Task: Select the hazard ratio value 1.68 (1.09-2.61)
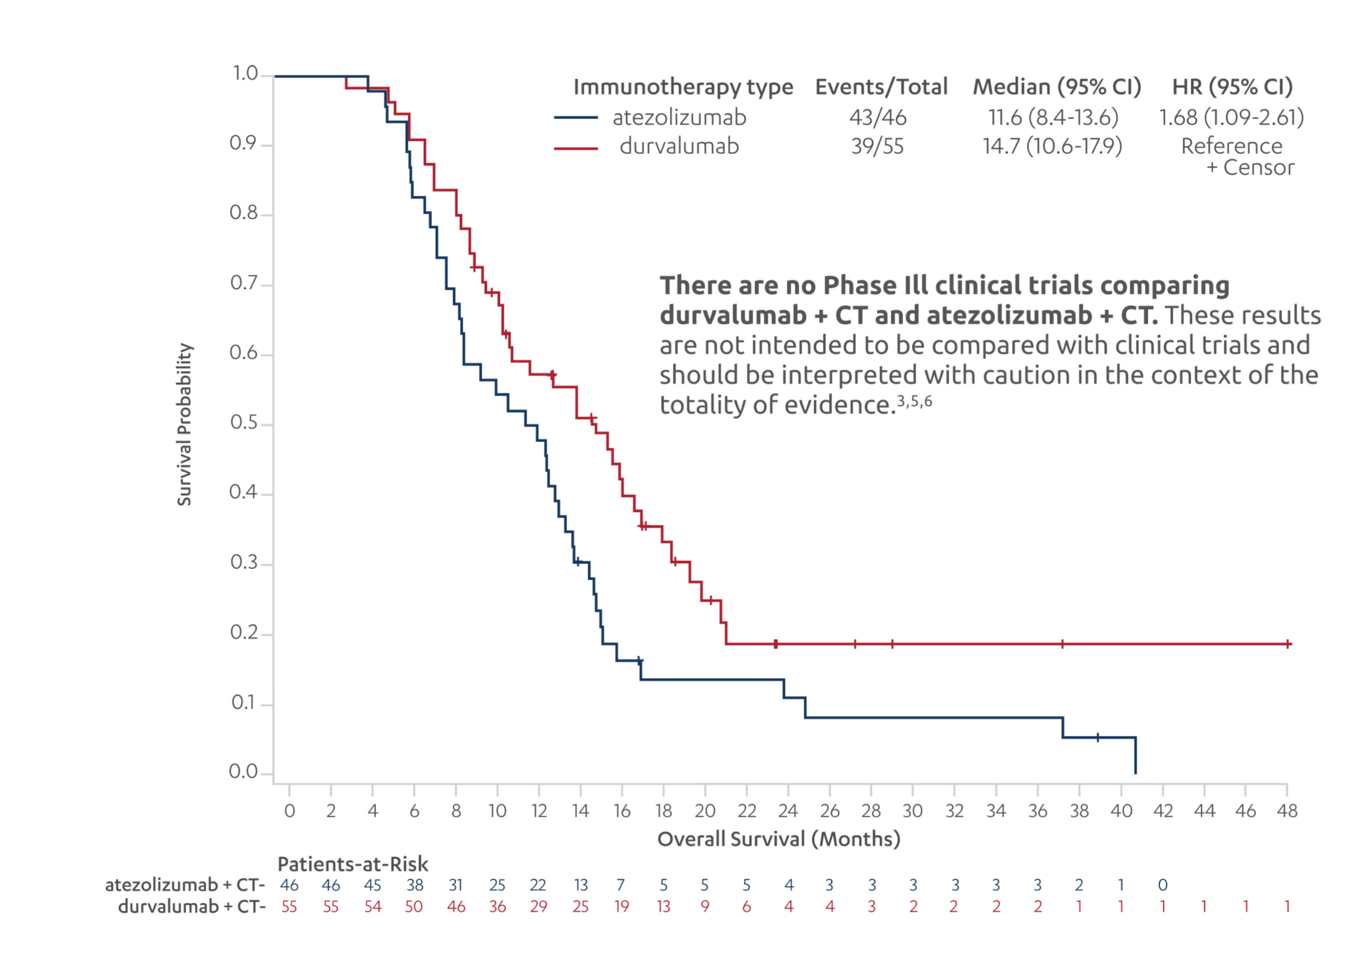(x=1231, y=118)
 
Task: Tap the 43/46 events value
(x=877, y=118)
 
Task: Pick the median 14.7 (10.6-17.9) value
(x=1052, y=146)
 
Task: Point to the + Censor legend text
(x=1250, y=168)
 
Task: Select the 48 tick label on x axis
(x=1286, y=811)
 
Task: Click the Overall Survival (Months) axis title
(x=778, y=839)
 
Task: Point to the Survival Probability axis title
(x=184, y=424)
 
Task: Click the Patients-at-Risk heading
(x=352, y=864)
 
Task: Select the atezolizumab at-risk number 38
(x=414, y=885)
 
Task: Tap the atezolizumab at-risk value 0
(x=1162, y=885)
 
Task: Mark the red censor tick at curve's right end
(x=1288, y=644)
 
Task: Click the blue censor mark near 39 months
(x=1098, y=737)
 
